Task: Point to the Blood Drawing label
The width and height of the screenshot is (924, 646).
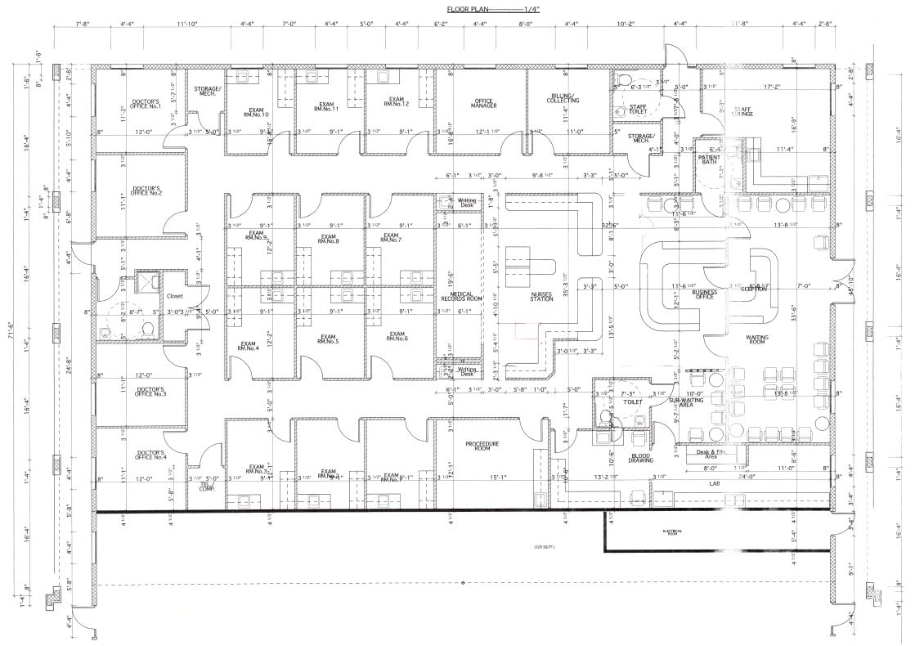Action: [641, 459]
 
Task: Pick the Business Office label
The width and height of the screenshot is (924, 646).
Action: [705, 294]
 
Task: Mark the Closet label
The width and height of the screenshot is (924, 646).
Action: [175, 296]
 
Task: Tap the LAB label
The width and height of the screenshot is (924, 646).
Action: [713, 484]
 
